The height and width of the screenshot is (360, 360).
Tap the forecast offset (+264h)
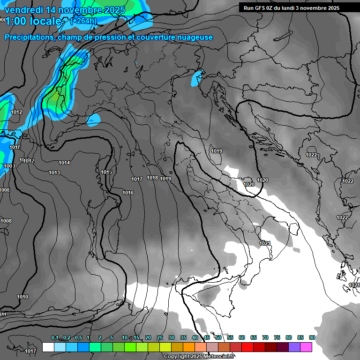click(83, 21)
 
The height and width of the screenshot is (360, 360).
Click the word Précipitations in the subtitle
click(30, 37)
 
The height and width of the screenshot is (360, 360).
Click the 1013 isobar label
click(54, 172)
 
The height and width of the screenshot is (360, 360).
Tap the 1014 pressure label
click(64, 163)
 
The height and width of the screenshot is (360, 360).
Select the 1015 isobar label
click(106, 172)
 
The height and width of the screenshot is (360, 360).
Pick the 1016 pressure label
click(128, 193)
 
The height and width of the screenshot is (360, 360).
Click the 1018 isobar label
click(152, 178)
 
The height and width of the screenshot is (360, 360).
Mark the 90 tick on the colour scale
click(312, 337)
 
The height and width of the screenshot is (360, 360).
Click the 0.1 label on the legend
click(55, 337)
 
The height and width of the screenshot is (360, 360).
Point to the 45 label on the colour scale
click(207, 337)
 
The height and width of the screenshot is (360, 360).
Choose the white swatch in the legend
click(48, 347)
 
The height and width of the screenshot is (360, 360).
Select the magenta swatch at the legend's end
click(306, 347)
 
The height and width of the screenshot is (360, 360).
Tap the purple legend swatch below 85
click(294, 347)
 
